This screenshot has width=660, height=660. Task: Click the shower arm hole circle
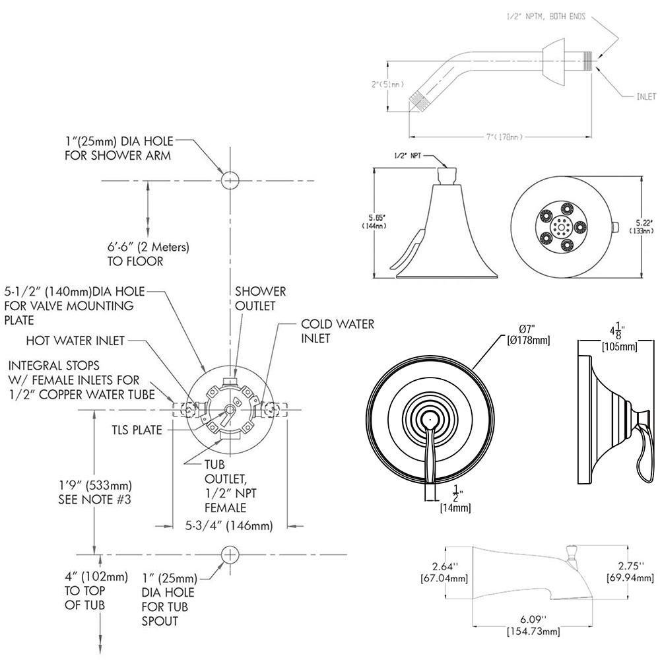[229, 180]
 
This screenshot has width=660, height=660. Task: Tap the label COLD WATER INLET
[337, 331]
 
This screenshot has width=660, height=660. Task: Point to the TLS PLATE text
[137, 430]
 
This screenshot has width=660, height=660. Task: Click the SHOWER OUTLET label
[261, 298]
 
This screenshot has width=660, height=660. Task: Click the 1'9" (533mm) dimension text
[95, 492]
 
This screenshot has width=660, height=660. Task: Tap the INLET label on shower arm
[645, 96]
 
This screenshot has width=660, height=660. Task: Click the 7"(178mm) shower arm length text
[504, 137]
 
